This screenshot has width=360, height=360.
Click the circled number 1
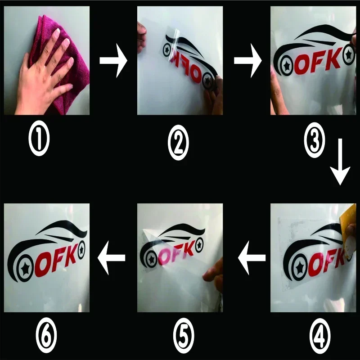[x=39, y=138]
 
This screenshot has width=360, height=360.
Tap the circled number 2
[x=178, y=142]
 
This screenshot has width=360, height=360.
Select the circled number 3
[x=314, y=140]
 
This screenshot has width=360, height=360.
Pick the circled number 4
[x=320, y=336]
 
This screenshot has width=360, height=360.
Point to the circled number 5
[x=184, y=336]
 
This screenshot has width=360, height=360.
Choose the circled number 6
[x=46, y=335]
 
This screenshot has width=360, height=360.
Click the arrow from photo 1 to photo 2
[x=113, y=61]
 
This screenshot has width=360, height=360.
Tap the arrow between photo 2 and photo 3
[x=248, y=61]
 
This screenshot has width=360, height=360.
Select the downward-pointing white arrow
[x=340, y=162]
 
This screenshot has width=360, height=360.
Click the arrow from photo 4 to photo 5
[x=252, y=258]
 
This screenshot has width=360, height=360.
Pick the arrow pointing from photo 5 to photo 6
[x=111, y=258]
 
